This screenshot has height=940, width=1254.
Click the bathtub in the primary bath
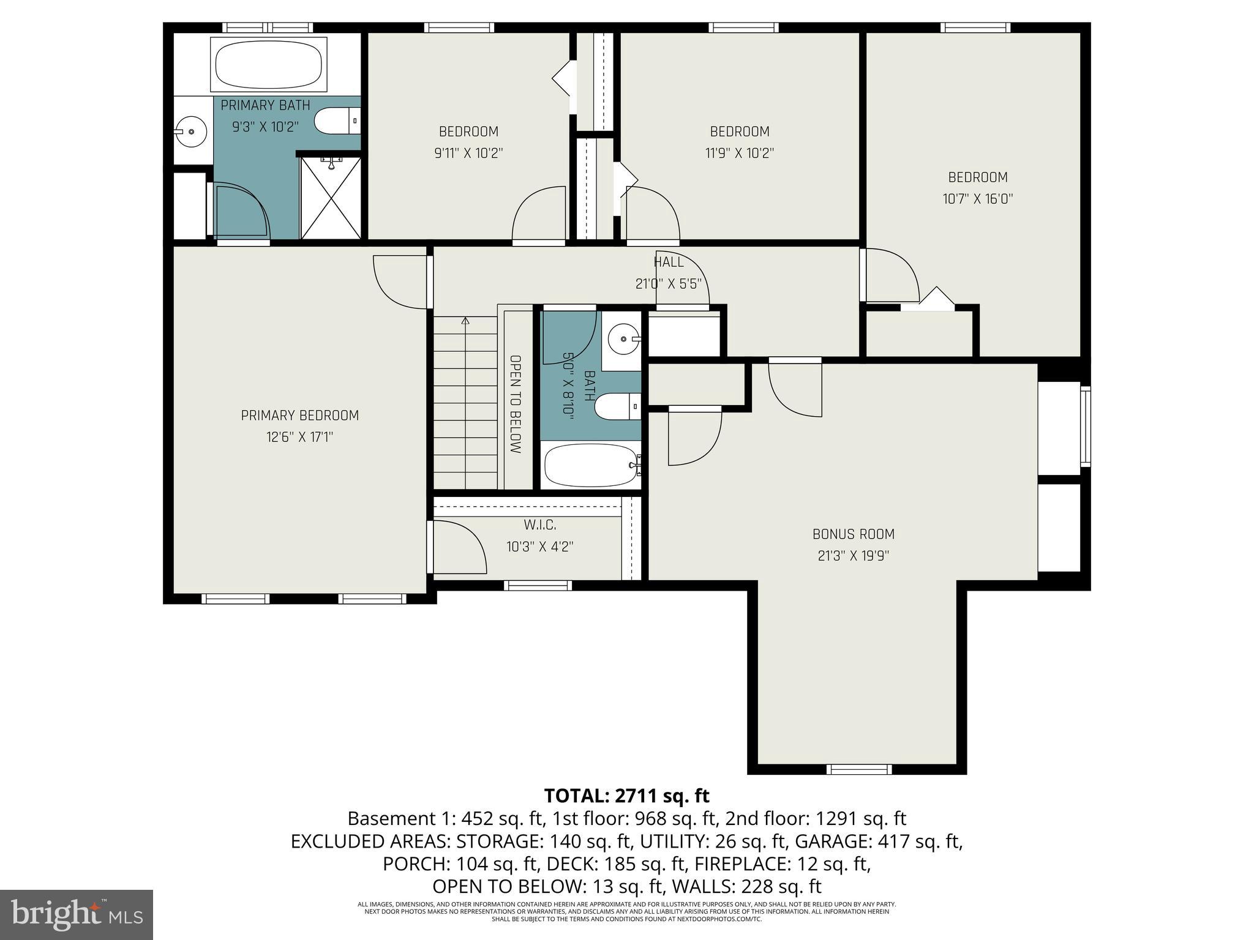(x=268, y=64)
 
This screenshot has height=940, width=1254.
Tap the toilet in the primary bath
(x=337, y=121)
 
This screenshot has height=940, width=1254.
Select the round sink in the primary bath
(x=191, y=130)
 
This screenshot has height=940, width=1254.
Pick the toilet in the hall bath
(x=618, y=407)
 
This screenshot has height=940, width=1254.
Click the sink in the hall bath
(x=622, y=338)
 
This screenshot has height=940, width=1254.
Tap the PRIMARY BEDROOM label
(x=299, y=416)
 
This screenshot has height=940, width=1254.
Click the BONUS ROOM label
(x=854, y=534)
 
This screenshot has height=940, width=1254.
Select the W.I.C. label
(x=540, y=525)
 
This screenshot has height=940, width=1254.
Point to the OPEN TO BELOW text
(x=516, y=404)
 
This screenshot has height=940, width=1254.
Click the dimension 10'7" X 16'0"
(x=978, y=199)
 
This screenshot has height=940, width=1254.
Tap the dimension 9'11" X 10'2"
(x=468, y=153)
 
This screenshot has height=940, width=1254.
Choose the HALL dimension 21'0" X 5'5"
(x=668, y=284)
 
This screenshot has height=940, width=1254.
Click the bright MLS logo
(x=77, y=914)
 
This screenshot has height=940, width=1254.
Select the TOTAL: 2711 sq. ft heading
(x=626, y=796)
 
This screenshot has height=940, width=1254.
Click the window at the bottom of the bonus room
(x=859, y=769)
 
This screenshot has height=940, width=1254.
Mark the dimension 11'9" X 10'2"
(x=740, y=153)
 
